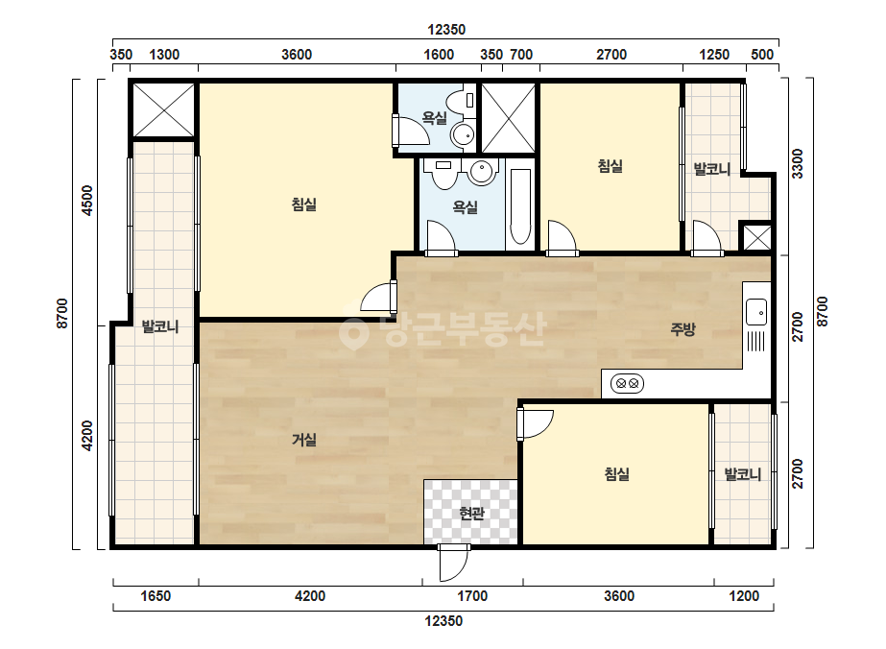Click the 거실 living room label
tap(304, 440)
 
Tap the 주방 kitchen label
tap(682, 329)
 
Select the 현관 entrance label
tap(471, 514)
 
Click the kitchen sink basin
tap(756, 312)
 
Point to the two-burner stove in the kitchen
tap(627, 384)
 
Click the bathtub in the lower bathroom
tap(520, 207)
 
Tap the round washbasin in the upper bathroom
tap(464, 135)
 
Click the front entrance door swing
tap(454, 563)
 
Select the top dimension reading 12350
tap(446, 30)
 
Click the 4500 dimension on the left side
tap(86, 200)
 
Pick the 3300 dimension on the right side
tap(797, 163)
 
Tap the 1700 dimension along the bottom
tap(472, 596)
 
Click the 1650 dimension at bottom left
tap(156, 596)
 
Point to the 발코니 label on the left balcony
tap(160, 326)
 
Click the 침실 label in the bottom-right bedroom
tap(617, 473)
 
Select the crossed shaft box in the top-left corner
tap(163, 109)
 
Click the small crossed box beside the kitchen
tap(756, 237)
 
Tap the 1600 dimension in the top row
tap(439, 55)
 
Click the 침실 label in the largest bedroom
tap(304, 204)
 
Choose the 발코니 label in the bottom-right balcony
tap(742, 473)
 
